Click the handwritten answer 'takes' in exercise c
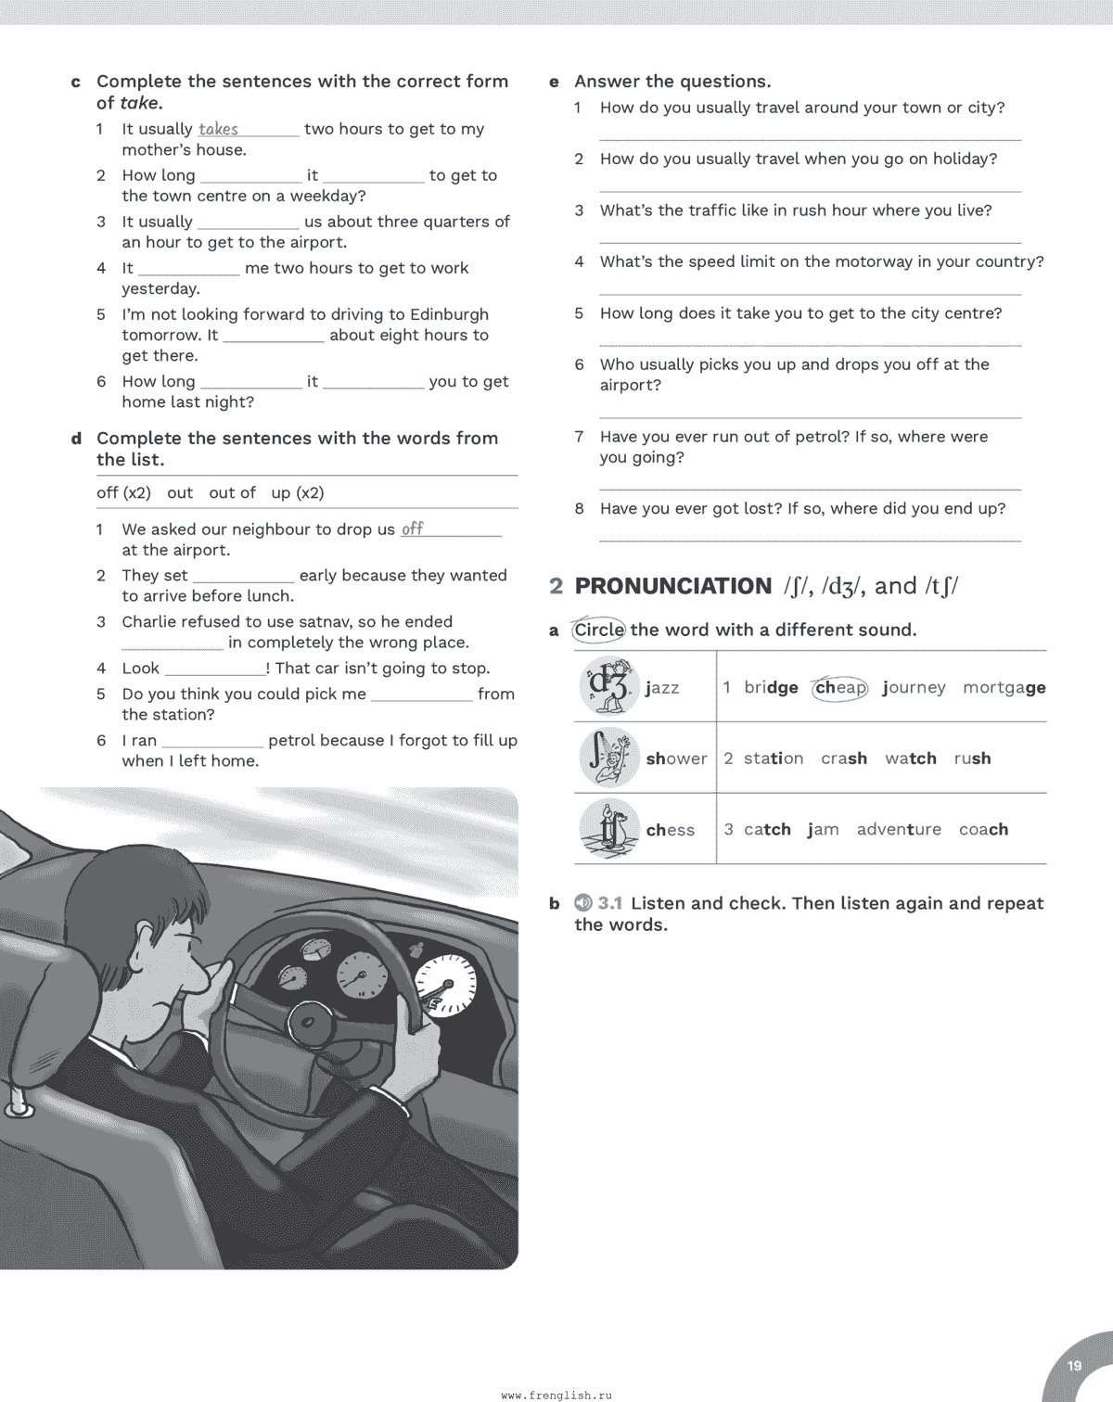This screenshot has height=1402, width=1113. (x=218, y=130)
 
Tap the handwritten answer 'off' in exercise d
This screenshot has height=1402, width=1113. (x=412, y=529)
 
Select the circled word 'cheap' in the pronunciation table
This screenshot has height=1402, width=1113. (x=840, y=688)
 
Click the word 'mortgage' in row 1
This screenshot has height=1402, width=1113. (x=1004, y=688)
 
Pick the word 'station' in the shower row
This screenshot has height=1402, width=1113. (x=774, y=758)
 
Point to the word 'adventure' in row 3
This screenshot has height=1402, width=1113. (x=898, y=830)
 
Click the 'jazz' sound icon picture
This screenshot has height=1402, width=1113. (x=608, y=686)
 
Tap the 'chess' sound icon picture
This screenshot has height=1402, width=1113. (x=608, y=829)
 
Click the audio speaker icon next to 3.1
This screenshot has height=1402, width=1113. (x=582, y=902)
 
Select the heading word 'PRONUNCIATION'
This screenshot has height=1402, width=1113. (x=672, y=586)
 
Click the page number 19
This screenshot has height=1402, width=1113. (x=1074, y=1366)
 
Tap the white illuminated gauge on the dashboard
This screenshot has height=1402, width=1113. (x=445, y=988)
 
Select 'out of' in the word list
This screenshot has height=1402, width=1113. (x=232, y=493)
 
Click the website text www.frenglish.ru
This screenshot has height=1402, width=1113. (x=556, y=1394)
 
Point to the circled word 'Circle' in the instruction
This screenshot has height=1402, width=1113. (x=599, y=631)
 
